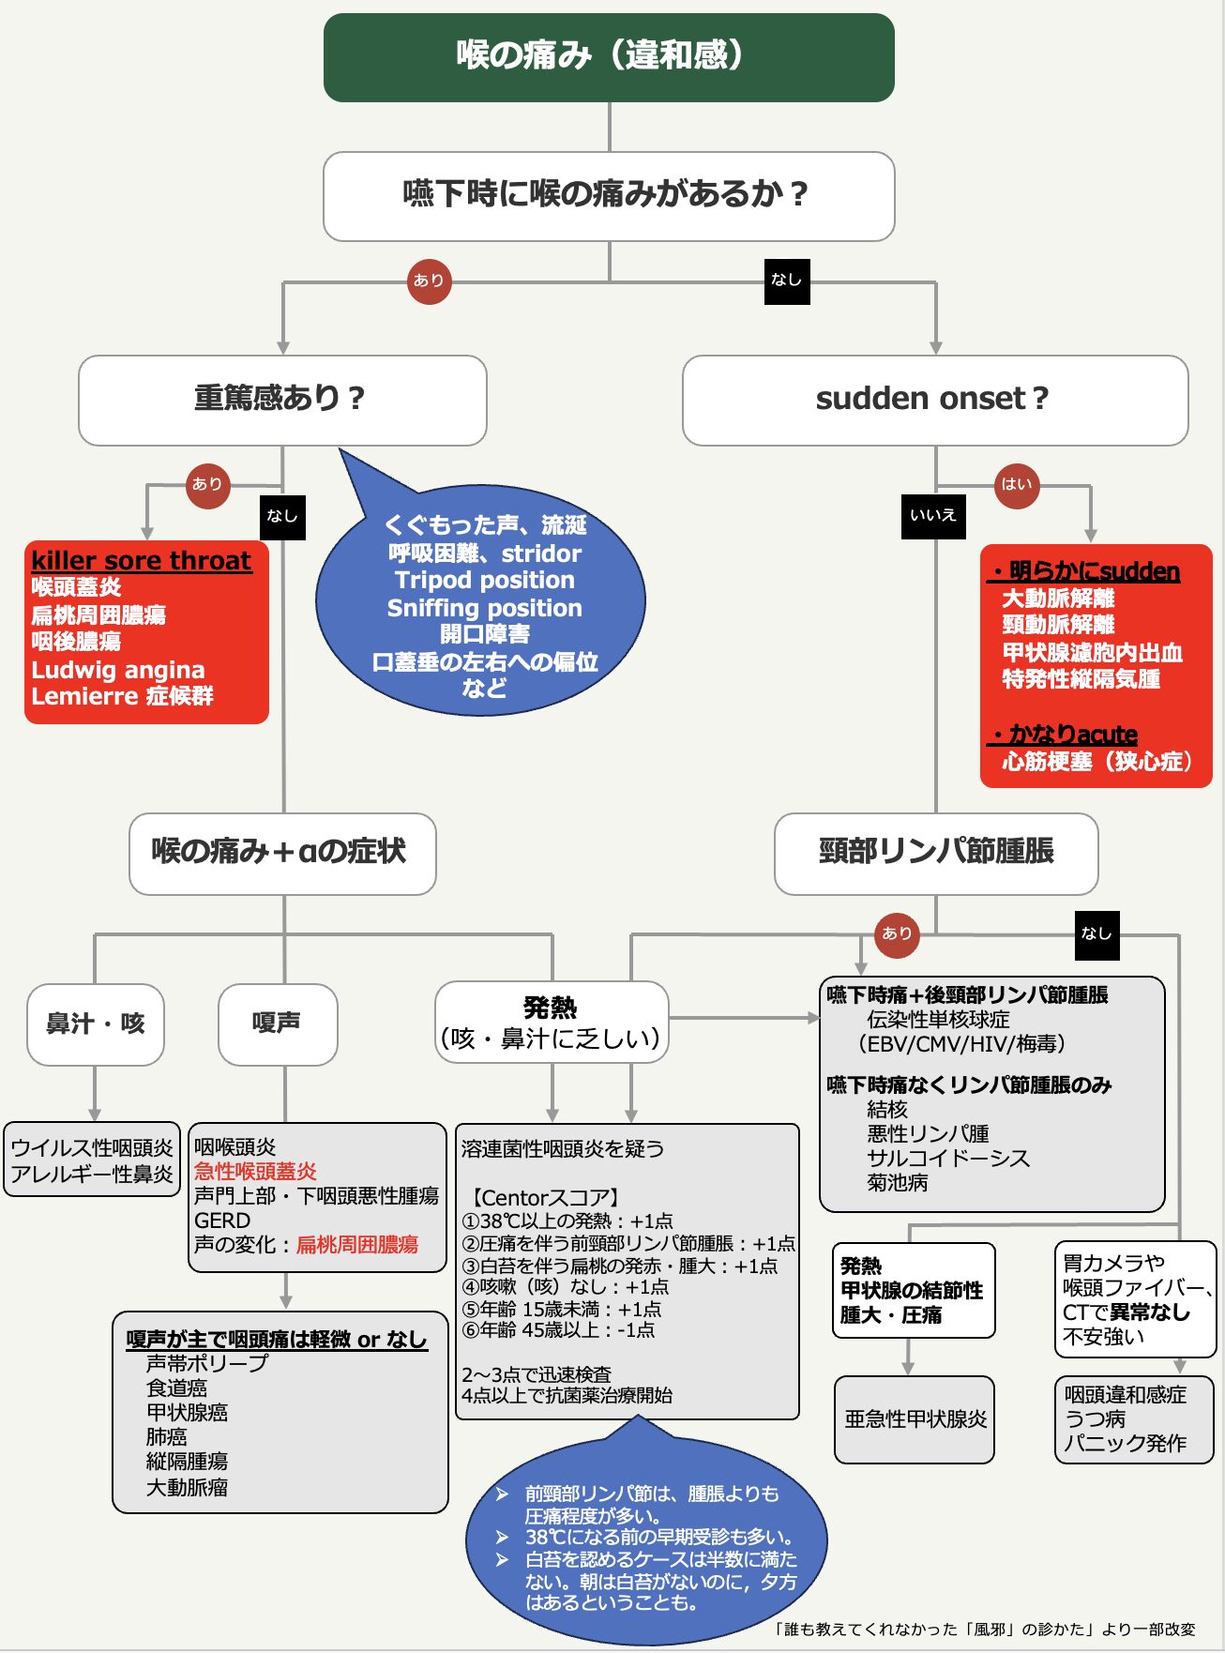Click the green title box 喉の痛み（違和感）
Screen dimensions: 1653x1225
pos(609,56)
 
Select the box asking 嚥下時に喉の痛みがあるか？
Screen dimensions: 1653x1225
pos(609,195)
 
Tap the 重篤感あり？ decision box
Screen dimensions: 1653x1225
pos(281,399)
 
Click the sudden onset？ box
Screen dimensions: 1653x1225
pos(934,399)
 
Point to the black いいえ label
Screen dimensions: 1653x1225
pos(933,515)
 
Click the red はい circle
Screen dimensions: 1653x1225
pos(1017,485)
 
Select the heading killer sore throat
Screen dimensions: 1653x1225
pos(142,561)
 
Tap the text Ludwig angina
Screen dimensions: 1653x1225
pos(118,670)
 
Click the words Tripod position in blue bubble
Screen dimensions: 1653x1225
pos(484,580)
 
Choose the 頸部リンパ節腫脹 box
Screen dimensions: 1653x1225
pos(936,853)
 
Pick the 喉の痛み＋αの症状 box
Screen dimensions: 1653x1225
pos(281,853)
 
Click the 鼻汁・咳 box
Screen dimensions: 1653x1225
pos(96,1024)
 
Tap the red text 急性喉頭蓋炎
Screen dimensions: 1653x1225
pos(255,1172)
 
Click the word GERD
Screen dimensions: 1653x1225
pos(222,1221)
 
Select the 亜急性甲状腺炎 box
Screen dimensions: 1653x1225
pos(915,1419)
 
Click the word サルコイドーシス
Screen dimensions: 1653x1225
pos(948,1159)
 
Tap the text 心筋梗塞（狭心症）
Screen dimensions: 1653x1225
pos(1096,761)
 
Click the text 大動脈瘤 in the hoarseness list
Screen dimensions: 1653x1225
pos(187,1487)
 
